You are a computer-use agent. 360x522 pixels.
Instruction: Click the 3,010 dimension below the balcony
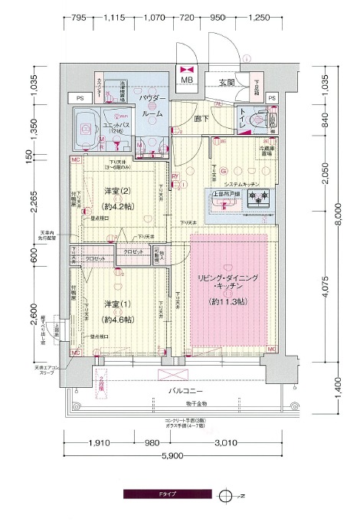pyautogui.click(x=224, y=442)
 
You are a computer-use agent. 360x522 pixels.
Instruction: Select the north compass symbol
pyautogui.click(x=224, y=495)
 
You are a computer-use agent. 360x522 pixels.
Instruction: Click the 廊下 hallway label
pyautogui.click(x=201, y=119)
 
